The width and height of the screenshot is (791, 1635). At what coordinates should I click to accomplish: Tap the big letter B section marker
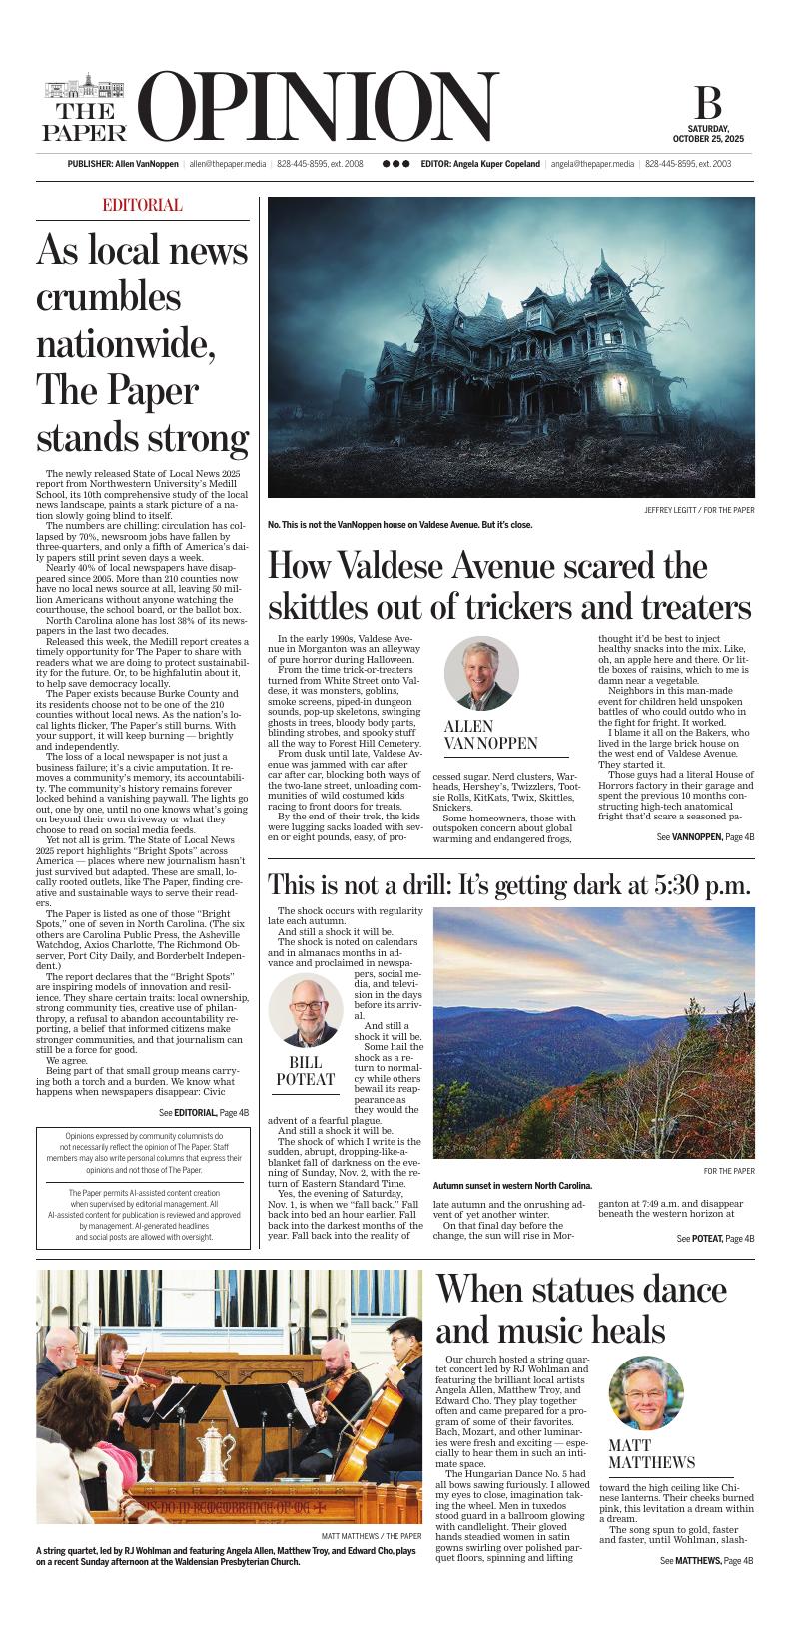[708, 104]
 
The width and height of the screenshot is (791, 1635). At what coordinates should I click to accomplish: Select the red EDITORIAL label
[142, 206]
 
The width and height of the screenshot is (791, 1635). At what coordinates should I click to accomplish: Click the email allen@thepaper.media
[228, 164]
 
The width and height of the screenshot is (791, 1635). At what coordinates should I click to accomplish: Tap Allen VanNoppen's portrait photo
[481, 673]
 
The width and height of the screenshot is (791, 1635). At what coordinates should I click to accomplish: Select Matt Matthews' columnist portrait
[645, 1392]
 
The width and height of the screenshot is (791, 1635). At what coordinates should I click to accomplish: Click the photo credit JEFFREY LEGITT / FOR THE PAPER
[699, 511]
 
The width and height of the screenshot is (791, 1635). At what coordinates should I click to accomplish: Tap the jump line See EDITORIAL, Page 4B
[204, 1112]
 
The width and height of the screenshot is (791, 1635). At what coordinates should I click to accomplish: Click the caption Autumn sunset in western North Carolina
[512, 1186]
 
